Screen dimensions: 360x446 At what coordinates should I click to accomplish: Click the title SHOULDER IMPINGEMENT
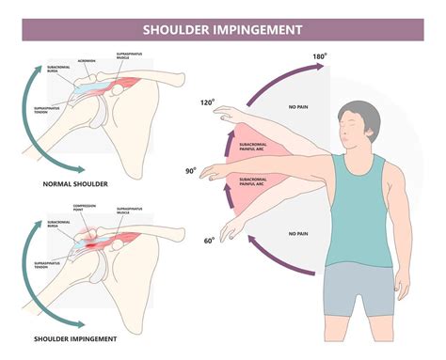[222, 29]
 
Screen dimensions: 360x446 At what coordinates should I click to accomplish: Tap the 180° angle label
[322, 57]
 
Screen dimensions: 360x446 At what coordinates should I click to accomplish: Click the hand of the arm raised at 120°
[222, 113]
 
